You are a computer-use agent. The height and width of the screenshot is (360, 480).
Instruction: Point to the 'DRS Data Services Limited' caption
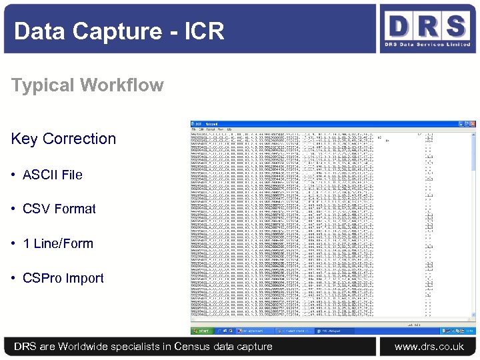427,45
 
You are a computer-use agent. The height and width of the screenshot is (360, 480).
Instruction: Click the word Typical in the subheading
42,85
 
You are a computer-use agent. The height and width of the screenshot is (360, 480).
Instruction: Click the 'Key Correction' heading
63,139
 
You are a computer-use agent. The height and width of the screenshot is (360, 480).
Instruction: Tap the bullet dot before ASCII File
13,175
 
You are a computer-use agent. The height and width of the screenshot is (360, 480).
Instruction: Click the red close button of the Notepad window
473,123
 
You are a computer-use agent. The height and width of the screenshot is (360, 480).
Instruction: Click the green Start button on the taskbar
200,331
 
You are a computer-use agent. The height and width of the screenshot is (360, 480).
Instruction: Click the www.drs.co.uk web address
429,346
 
